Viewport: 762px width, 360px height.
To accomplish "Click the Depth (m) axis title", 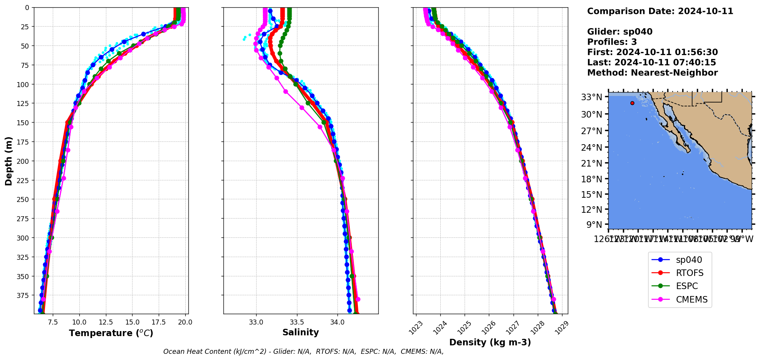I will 8,161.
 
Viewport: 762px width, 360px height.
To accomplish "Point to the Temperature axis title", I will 111,333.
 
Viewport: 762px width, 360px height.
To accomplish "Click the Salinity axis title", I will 300,333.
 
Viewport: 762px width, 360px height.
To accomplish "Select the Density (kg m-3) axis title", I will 490,342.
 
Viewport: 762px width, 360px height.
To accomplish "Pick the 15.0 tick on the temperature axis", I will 133,322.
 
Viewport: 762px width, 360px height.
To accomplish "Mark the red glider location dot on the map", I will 632,103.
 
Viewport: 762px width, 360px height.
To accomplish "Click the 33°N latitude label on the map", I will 591,97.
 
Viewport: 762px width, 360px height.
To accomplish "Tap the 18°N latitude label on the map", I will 591,179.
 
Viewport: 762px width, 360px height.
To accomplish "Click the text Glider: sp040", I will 619,32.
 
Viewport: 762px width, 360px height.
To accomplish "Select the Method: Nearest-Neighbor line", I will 652,73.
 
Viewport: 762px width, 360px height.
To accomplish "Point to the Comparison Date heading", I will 660,11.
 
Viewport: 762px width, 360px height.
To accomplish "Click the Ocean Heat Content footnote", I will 303,352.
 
